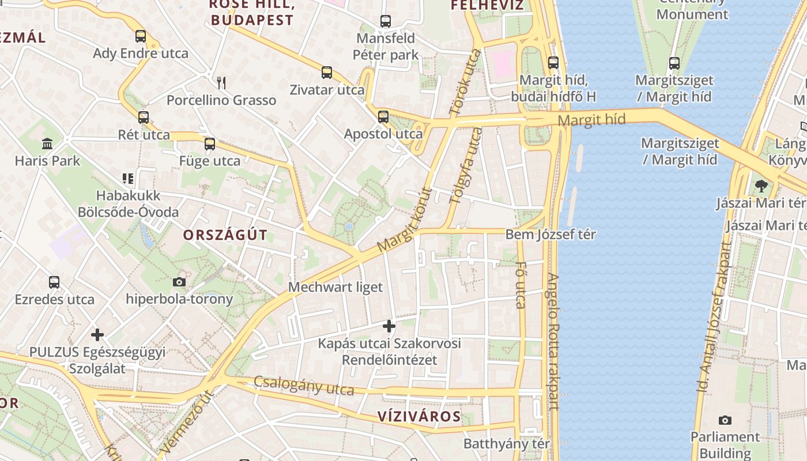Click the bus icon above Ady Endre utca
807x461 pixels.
pyautogui.click(x=141, y=36)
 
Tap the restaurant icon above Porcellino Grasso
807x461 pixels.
pyautogui.click(x=221, y=83)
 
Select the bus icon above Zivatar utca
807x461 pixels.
pyautogui.click(x=327, y=73)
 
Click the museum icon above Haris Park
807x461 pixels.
pyautogui.click(x=47, y=143)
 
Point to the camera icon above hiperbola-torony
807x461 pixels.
pyautogui.click(x=179, y=282)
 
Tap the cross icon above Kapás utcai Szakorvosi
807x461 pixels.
pyautogui.click(x=389, y=326)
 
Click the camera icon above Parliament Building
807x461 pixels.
pyautogui.click(x=725, y=420)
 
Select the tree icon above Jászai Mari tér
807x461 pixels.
pyautogui.click(x=761, y=186)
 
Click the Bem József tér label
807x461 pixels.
pyautogui.click(x=550, y=235)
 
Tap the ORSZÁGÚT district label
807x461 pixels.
pyautogui.click(x=225, y=235)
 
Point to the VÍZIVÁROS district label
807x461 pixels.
pyautogui.click(x=419, y=417)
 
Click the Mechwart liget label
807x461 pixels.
pyautogui.click(x=335, y=286)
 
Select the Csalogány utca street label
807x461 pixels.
pyautogui.click(x=304, y=386)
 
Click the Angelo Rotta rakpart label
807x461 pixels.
pyautogui.click(x=553, y=342)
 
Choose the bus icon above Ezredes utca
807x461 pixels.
pyautogui.click(x=54, y=282)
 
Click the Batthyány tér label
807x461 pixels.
pyautogui.click(x=507, y=444)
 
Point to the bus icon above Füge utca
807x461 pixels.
pyautogui.click(x=210, y=143)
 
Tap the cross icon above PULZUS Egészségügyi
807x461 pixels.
pyautogui.click(x=97, y=334)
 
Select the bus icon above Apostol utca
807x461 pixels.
pyautogui.click(x=383, y=117)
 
